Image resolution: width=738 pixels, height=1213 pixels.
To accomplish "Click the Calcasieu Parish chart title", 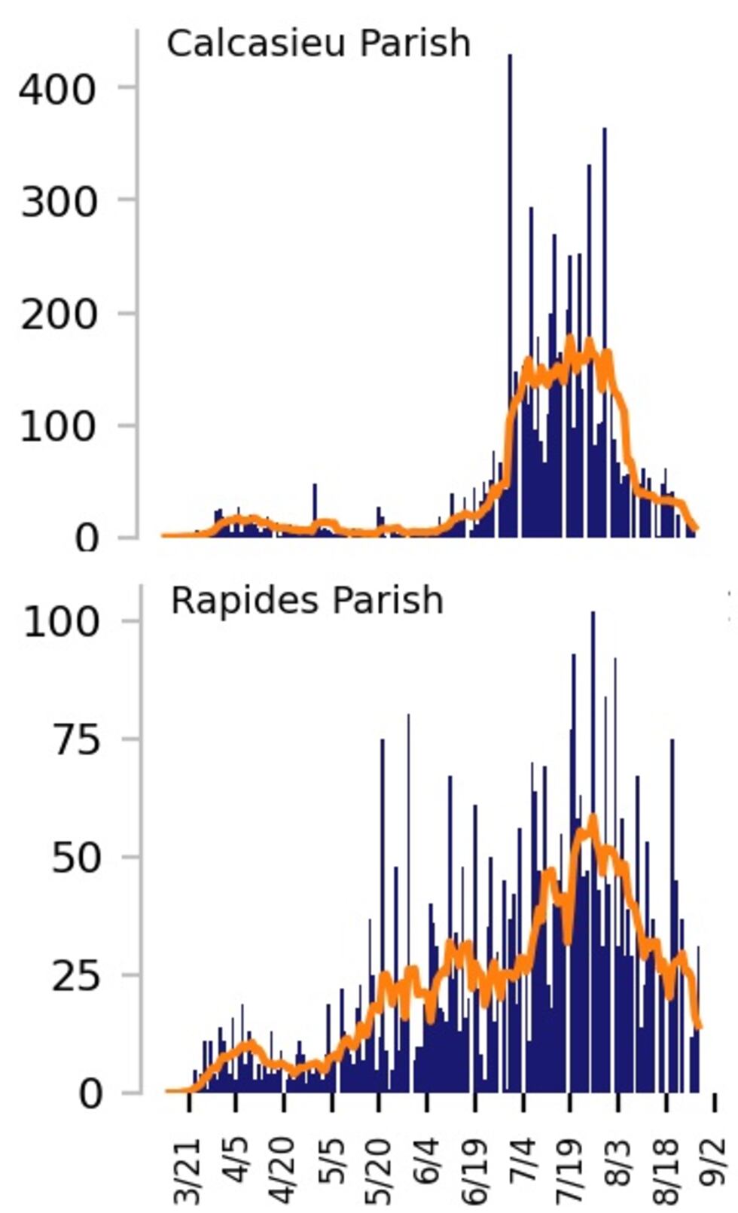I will point(318,43).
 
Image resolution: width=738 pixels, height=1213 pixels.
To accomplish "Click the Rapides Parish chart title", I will point(306,601).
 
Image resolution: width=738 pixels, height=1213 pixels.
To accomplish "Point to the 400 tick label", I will point(58,90).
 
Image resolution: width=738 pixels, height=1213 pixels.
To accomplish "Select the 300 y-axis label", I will point(58,202).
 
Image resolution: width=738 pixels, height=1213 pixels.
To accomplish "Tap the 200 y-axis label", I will point(58,314).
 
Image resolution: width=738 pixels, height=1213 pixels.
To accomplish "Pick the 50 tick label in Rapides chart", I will point(75,858).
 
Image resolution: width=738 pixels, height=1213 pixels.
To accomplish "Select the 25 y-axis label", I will point(75,977).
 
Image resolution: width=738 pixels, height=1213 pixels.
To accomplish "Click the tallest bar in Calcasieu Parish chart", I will point(510,301).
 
